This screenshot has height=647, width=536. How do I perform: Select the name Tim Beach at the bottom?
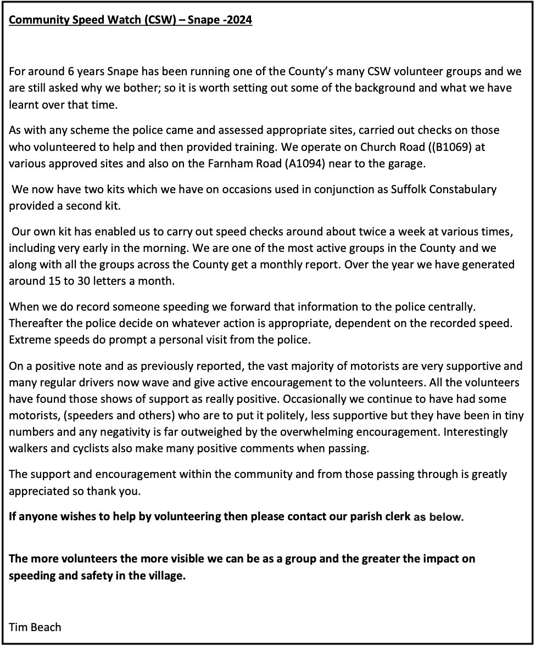pyautogui.click(x=35, y=626)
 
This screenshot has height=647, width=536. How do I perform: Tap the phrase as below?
pyautogui.click(x=438, y=516)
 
